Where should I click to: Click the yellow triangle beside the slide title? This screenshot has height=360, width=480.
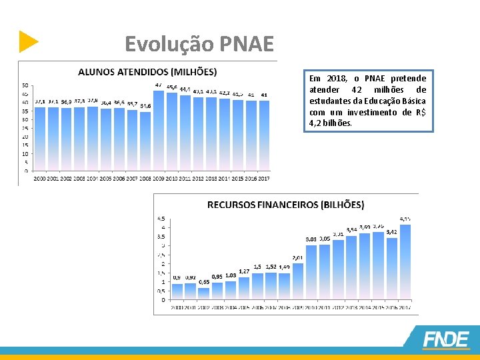(28, 41)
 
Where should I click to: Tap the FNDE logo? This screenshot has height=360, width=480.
(446, 339)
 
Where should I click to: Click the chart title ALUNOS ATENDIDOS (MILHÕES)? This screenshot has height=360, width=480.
(147, 71)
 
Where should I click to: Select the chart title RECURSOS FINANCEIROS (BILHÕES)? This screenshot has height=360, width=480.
(285, 205)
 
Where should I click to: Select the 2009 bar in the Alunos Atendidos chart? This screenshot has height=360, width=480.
(159, 130)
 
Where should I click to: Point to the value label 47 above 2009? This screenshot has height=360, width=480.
(159, 85)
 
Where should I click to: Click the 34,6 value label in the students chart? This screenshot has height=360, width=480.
(145, 106)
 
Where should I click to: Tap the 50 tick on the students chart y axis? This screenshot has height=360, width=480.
(25, 85)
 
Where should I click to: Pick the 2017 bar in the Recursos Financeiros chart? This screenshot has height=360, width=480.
(405, 261)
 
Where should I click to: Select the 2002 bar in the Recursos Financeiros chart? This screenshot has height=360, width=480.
(204, 292)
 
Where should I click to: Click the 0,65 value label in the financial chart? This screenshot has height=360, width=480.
(204, 282)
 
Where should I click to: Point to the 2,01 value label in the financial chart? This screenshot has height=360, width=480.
(298, 257)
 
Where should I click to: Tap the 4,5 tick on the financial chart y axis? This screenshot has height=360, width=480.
(161, 218)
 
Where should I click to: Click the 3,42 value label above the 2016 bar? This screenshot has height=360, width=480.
(392, 232)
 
